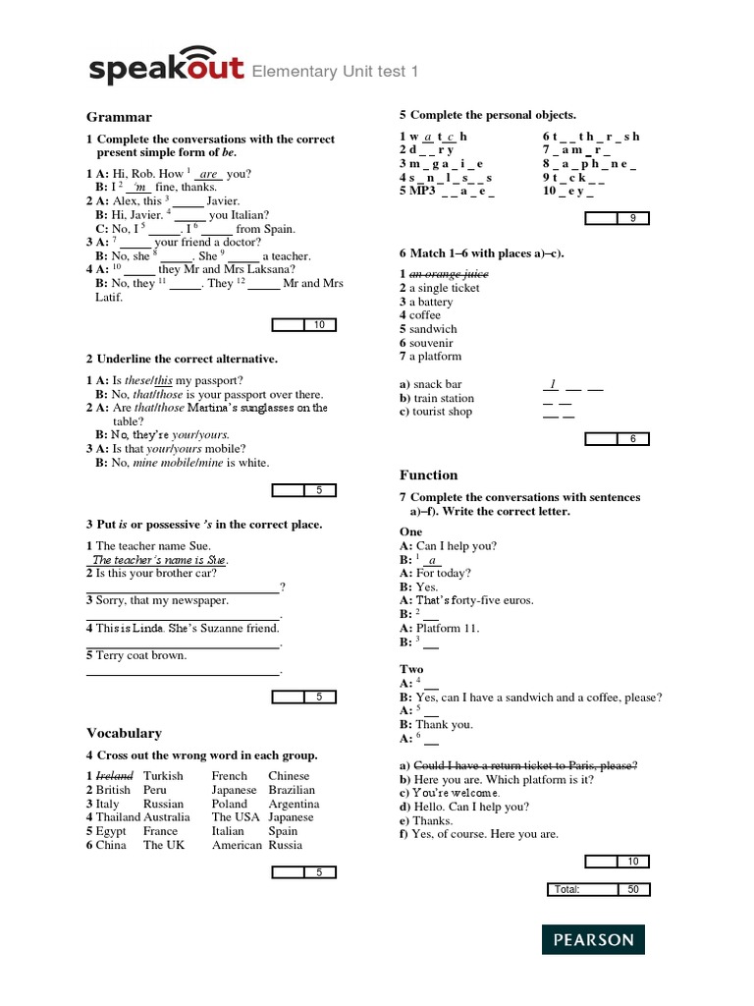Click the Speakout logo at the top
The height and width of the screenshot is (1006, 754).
coord(166,66)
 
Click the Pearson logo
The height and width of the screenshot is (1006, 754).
coord(593,939)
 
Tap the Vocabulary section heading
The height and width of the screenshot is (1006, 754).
coord(124,733)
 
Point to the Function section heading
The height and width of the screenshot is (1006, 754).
coord(429,475)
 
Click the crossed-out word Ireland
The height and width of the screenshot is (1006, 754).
coord(114,776)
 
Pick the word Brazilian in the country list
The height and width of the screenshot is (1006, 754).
coord(292,790)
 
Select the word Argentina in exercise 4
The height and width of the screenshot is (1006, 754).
coord(294,804)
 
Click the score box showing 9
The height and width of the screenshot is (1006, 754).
coord(632,218)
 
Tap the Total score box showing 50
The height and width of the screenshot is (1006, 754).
coord(632,889)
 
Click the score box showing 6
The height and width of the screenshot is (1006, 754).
coord(632,438)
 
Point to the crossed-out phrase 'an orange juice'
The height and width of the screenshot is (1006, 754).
coord(449,274)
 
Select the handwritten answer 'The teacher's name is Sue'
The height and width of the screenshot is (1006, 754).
coord(159,560)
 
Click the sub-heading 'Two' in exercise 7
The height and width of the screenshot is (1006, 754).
coord(411,669)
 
